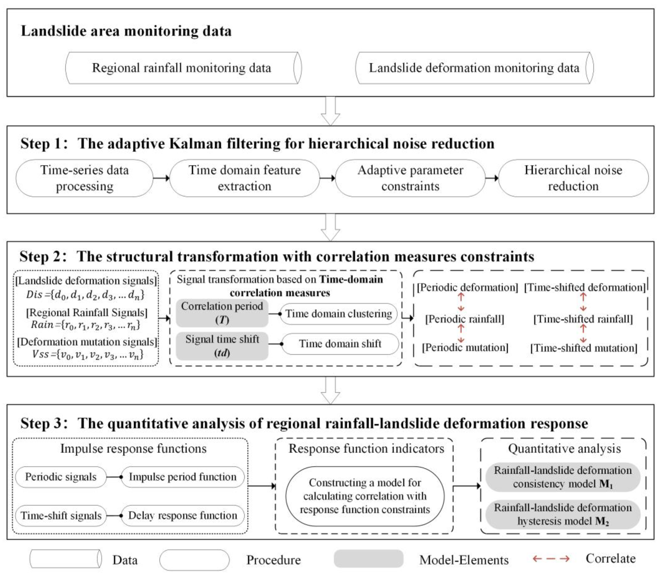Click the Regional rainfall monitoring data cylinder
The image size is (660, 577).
tap(183, 68)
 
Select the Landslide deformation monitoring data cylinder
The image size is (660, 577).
tap(474, 68)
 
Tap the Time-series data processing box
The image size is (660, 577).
tap(84, 178)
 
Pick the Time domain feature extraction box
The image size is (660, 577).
tap(244, 178)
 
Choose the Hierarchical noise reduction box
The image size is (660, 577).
tap(573, 178)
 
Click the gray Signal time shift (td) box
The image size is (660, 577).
tap(222, 346)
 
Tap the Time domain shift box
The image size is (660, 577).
tap(340, 344)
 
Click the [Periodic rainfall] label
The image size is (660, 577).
tap(464, 319)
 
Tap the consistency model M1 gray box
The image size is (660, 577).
tap(563, 477)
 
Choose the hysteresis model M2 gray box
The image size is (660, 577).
tap(563, 514)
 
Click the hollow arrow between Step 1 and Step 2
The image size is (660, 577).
tap(330, 227)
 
